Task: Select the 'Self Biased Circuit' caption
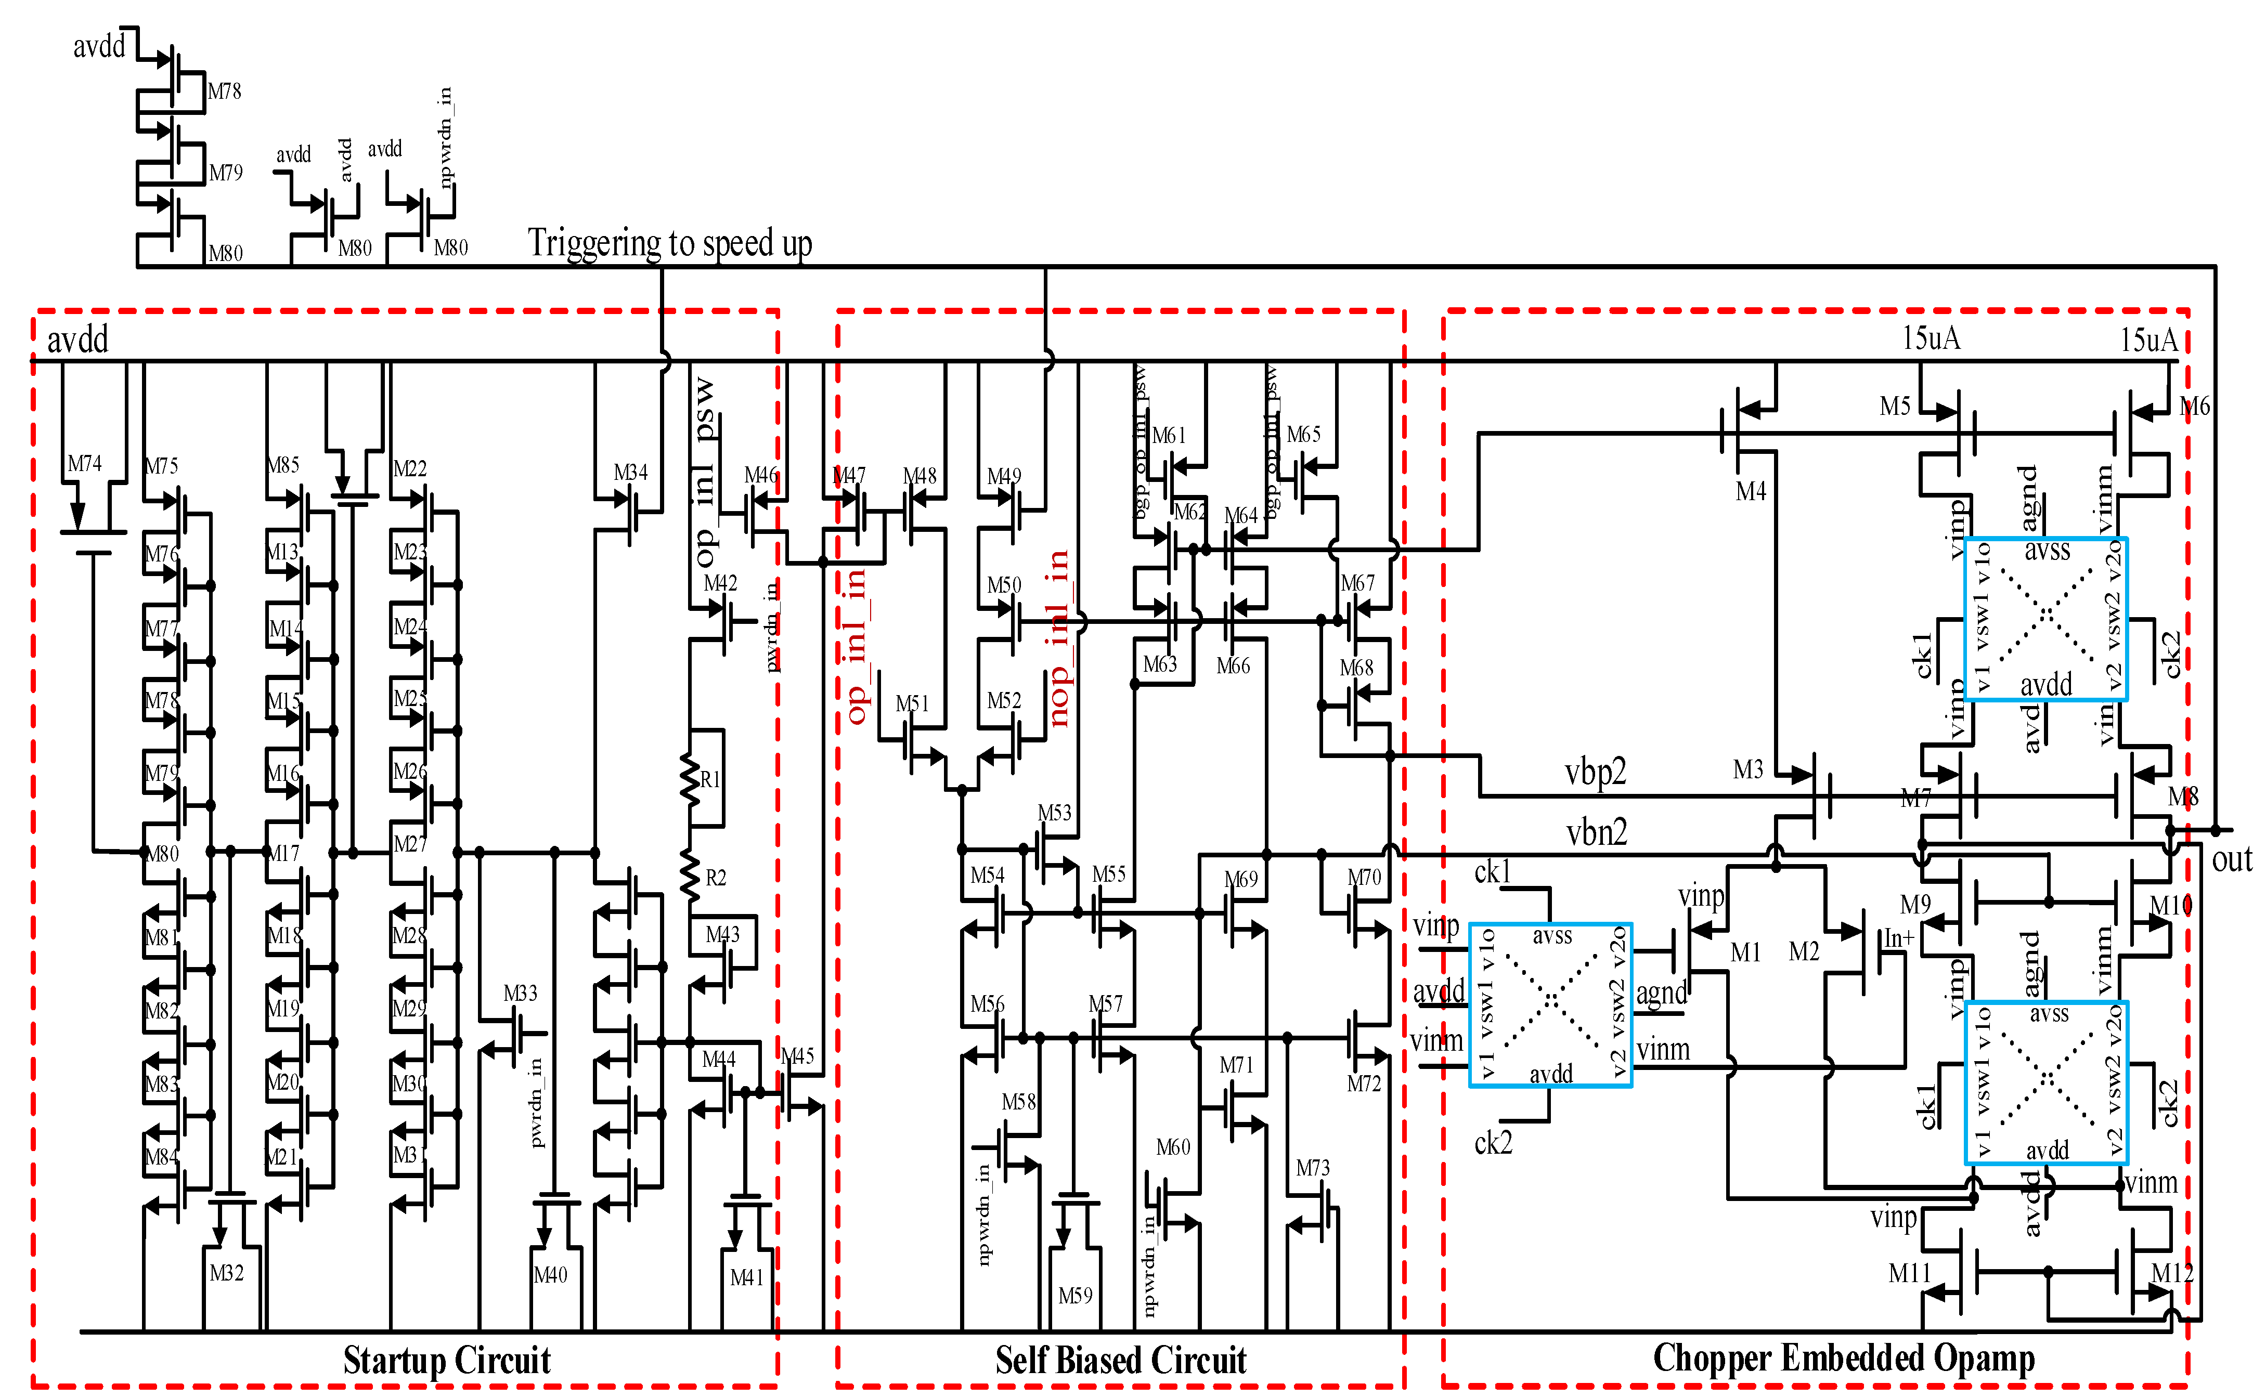[1120, 1360]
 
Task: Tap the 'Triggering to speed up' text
[670, 243]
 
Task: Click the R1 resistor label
[710, 779]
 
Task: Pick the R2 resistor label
[715, 878]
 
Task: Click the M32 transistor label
[226, 1273]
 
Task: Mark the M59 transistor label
[1075, 1296]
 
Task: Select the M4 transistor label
[1750, 491]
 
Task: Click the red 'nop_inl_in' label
[1059, 637]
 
